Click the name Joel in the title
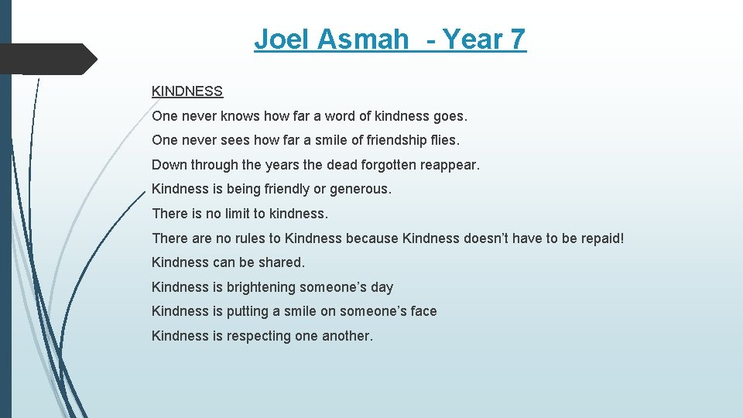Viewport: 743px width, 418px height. pyautogui.click(x=281, y=39)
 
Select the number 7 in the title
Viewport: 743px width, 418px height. pyautogui.click(x=517, y=39)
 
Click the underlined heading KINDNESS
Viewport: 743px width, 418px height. pyautogui.click(x=187, y=91)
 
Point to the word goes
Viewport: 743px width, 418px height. pyautogui.click(x=450, y=116)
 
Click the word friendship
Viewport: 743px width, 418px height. pyautogui.click(x=381, y=141)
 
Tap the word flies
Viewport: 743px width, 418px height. pyautogui.click(x=442, y=141)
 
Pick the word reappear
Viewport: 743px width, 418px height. pyautogui.click(x=452, y=165)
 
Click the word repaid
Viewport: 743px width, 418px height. pyautogui.click(x=598, y=238)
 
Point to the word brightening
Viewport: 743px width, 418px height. pyautogui.click(x=261, y=287)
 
